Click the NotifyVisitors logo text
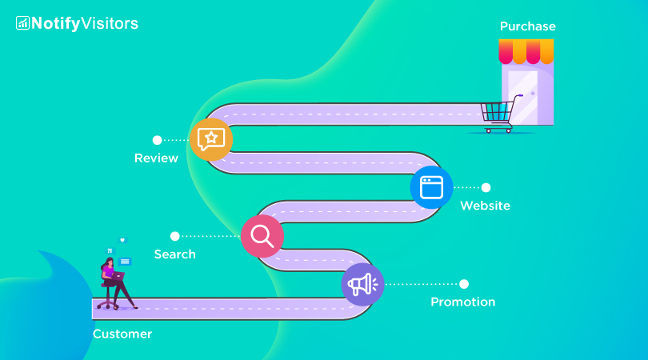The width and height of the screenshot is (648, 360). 84,23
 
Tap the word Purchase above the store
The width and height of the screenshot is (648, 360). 527,26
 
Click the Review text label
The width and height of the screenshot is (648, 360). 156,158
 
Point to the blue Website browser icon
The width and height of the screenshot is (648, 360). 431,187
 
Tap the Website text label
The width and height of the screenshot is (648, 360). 485,206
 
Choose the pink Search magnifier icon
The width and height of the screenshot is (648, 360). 262,236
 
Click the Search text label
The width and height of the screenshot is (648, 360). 174,254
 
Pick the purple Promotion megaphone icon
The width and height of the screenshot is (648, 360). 362,284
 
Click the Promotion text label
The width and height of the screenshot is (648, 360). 462,302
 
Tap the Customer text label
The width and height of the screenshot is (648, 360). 122,334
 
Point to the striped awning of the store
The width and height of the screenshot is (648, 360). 526,52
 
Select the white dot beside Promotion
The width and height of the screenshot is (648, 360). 463,284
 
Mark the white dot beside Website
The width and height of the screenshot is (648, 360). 486,187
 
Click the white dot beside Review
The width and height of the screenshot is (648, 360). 157,140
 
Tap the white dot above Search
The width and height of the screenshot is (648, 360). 174,236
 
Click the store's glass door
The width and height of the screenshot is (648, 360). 523,98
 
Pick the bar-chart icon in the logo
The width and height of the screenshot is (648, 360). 22,23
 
